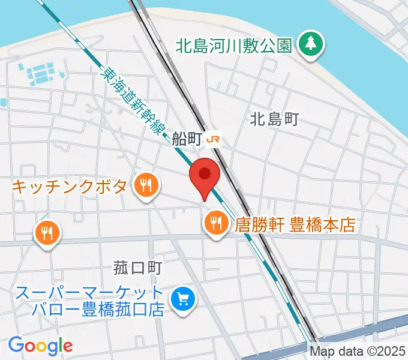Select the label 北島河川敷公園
[234, 45]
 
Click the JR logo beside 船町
[214, 140]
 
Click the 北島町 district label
[274, 120]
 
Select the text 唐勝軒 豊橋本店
[296, 225]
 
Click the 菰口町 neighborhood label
[138, 266]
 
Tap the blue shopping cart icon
[182, 299]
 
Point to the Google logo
[40, 346]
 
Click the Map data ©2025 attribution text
[358, 350]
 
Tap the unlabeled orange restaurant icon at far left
[47, 232]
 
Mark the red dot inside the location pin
[205, 173]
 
